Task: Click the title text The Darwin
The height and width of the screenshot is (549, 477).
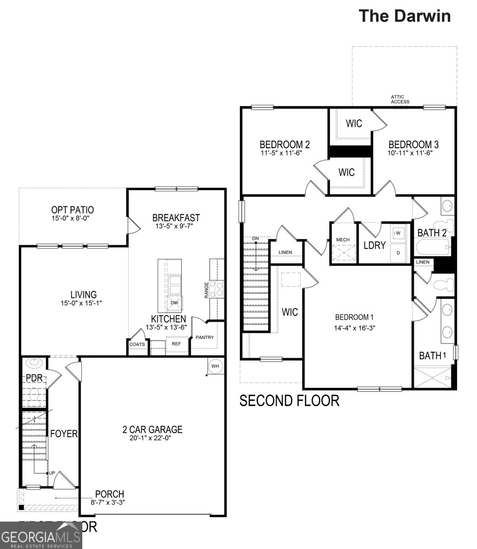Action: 404,16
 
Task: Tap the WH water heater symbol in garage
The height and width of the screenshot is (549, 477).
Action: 215,366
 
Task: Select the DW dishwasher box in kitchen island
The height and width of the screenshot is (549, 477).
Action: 174,303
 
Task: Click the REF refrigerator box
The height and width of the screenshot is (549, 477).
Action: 176,344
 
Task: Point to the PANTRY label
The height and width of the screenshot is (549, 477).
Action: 205,338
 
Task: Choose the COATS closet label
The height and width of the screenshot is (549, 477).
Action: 137,344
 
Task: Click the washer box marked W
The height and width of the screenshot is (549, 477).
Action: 398,233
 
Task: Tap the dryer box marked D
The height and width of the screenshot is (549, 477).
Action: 398,252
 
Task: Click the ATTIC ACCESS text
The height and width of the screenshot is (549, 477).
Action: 400,99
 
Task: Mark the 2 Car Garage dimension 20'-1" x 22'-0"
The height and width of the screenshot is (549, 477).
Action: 152,438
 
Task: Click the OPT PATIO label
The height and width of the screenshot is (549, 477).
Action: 72,210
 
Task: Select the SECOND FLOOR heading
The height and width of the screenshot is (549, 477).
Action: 289,401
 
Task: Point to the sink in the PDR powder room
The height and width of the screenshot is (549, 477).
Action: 34,363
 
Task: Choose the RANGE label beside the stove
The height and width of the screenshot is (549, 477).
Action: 206,290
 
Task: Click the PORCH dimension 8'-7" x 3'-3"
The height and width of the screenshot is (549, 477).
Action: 108,502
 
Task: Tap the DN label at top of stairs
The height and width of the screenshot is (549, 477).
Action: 256,239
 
